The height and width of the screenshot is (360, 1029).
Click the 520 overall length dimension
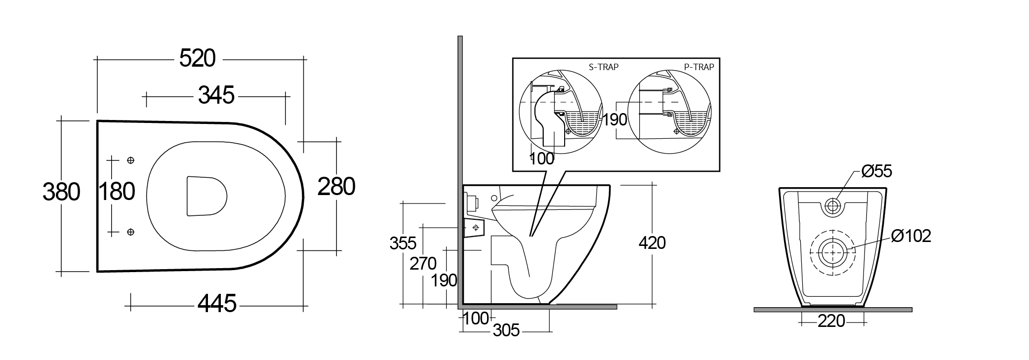coord(197,59)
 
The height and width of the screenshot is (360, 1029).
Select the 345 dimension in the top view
coord(216,95)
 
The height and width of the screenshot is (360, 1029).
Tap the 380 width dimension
coord(61,192)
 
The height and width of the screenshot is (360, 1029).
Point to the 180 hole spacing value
coord(117,191)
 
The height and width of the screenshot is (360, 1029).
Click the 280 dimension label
coord(336,187)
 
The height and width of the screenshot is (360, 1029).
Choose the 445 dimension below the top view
coord(217,303)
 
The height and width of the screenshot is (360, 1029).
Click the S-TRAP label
coord(603,67)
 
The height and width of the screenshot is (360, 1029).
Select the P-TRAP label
coord(699,67)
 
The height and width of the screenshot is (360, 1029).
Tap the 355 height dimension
coord(403,243)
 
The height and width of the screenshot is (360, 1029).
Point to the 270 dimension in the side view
coord(423,264)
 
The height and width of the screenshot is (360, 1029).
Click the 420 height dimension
coord(652,243)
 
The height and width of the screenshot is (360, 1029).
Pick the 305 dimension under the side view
coord(506,330)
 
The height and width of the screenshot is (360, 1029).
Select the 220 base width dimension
coord(831,321)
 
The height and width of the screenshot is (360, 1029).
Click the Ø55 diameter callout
coord(876,171)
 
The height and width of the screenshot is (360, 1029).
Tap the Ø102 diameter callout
coord(911,236)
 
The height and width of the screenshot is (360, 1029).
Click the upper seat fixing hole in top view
coord(131,160)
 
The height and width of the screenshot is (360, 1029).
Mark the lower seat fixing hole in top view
coord(131,232)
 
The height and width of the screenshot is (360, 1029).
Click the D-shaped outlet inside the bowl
coord(206,196)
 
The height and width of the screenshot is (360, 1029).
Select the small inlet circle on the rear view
coord(833,206)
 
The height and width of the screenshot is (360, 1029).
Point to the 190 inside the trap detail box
coord(615,120)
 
